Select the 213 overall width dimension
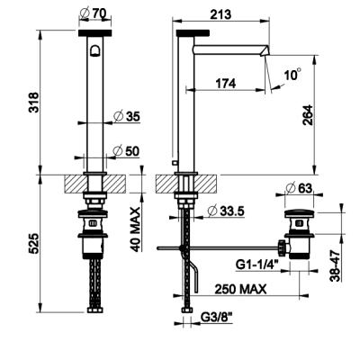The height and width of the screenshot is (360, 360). click(x=220, y=14)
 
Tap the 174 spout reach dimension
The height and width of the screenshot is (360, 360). click(x=225, y=84)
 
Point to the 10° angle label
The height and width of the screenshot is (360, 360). click(x=292, y=74)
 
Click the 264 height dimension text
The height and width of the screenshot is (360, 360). click(x=308, y=115)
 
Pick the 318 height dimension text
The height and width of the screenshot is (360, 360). click(x=33, y=103)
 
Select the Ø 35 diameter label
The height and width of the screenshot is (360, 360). click(x=127, y=116)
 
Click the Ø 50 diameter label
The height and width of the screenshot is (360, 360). click(x=126, y=151)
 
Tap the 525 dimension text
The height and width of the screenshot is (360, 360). click(x=33, y=243)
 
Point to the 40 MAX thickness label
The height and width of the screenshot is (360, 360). click(x=136, y=229)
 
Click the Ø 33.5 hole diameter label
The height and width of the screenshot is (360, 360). click(x=226, y=211)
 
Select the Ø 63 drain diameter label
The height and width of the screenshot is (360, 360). click(x=299, y=188)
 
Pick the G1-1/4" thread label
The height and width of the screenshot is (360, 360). click(x=257, y=265)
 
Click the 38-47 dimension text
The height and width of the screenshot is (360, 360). click(x=335, y=266)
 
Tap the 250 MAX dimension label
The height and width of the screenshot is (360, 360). click(x=240, y=289)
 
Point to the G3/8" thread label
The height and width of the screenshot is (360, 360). click(x=217, y=317)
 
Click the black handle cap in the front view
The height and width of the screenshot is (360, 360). click(x=94, y=33)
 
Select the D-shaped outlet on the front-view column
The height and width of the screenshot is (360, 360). click(x=94, y=51)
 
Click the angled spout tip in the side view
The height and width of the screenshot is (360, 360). click(x=265, y=50)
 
